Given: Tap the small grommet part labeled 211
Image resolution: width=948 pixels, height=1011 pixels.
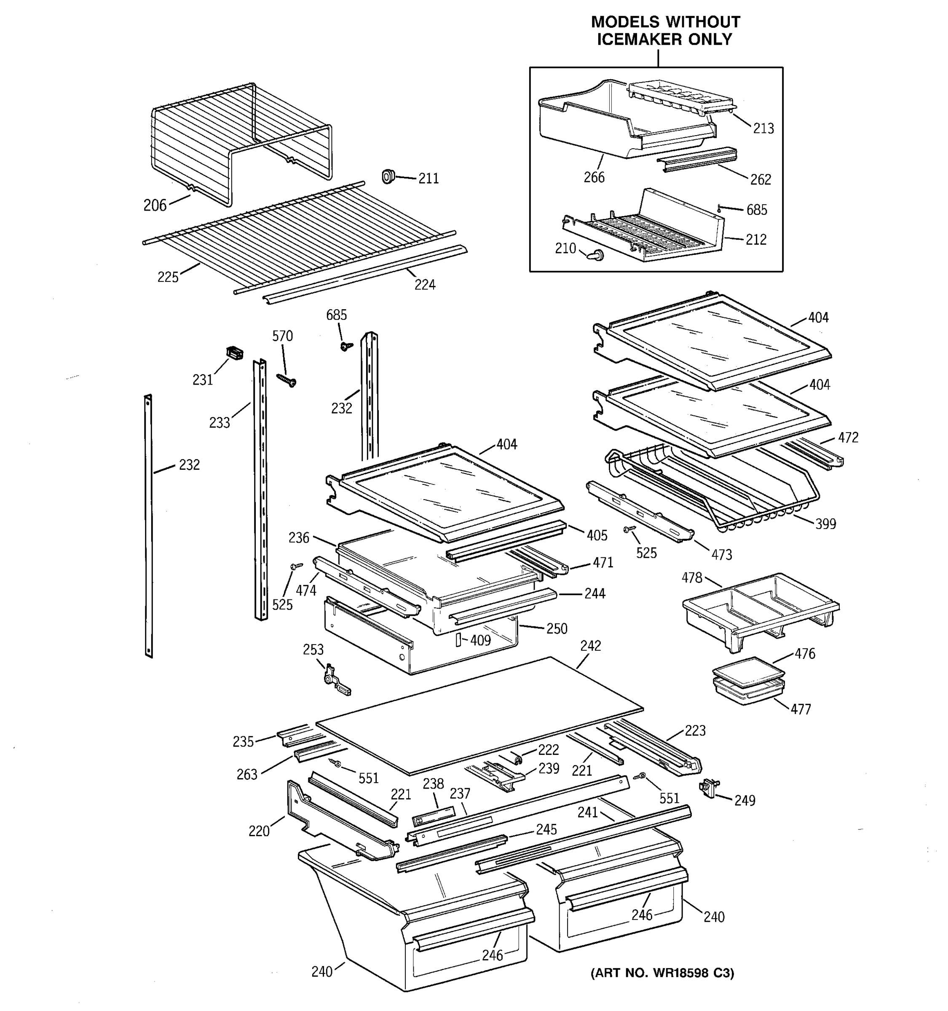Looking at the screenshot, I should click(x=388, y=177).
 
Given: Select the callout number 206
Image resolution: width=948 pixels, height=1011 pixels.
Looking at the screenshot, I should click(x=155, y=206).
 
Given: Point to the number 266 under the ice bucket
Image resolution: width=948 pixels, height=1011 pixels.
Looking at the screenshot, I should click(x=594, y=177).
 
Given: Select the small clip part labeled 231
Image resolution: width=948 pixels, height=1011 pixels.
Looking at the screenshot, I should click(x=234, y=353).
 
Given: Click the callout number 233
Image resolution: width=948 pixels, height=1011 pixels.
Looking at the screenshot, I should click(x=219, y=423).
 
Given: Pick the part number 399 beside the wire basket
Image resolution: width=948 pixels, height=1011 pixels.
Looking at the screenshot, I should click(x=825, y=524).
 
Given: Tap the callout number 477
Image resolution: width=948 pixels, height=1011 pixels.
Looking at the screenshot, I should click(x=801, y=709).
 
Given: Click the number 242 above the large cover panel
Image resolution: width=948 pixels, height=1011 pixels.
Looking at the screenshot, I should click(x=590, y=646).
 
